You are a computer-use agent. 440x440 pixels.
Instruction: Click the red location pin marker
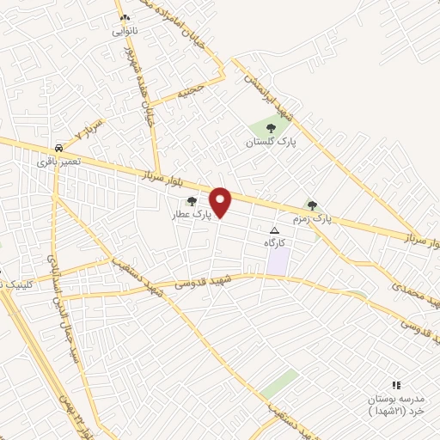(222, 201)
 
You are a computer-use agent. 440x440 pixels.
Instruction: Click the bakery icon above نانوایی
(125, 17)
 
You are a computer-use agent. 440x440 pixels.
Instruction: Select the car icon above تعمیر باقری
(58, 147)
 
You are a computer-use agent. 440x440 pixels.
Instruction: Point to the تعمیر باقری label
(58, 161)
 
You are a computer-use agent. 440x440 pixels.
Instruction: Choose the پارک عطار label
(190, 214)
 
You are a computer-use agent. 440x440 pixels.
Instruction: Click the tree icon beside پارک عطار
(192, 201)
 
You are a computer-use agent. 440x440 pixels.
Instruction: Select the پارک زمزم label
(310, 219)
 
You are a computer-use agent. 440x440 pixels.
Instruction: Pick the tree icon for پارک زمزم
(312, 205)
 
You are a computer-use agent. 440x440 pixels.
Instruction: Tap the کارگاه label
(275, 244)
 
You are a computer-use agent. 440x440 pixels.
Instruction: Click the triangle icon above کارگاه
(275, 231)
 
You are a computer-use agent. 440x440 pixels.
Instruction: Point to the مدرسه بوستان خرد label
(397, 406)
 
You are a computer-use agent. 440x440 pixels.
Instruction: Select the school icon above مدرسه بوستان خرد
(396, 385)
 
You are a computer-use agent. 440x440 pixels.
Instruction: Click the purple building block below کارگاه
(277, 263)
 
